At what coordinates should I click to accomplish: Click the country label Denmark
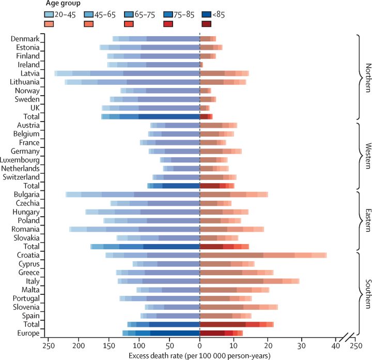tap(25, 39)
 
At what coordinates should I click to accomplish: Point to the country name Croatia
tap(27, 255)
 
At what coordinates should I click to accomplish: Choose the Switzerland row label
tap(20, 177)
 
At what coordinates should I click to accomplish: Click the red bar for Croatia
tap(263, 255)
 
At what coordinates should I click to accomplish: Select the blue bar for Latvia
tap(127, 73)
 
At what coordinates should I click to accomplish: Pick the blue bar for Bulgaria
tap(133, 194)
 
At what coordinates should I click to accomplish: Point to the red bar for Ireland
tap(202, 65)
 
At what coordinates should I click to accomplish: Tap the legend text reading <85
tap(222, 14)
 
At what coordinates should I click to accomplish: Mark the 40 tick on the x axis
tap(335, 345)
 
